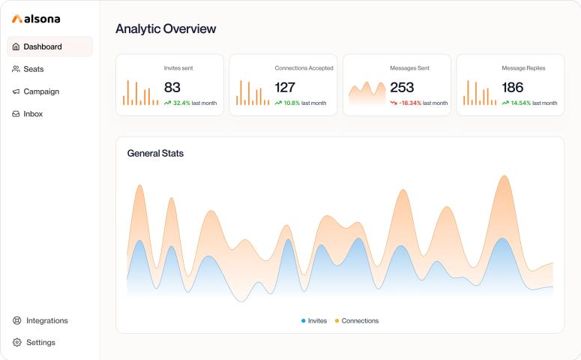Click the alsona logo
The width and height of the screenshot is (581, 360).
point(36,19)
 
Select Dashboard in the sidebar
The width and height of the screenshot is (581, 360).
point(42,46)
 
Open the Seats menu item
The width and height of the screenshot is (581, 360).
point(33,69)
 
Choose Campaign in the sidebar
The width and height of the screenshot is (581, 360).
point(40,91)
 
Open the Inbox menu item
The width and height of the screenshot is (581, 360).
point(32,114)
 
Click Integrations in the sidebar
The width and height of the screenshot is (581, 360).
point(46,320)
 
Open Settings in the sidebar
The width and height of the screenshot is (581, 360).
point(40,343)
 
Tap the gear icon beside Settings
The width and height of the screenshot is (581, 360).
point(17,343)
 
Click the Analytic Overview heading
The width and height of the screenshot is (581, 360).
point(166,29)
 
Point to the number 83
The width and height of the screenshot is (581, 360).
point(172,87)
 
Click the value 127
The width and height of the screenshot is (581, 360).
point(285,87)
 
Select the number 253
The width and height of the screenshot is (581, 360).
point(402,87)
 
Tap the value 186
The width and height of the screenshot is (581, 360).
point(513,87)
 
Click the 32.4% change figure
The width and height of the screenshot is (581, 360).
point(181,103)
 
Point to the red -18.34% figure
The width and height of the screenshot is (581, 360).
point(409,103)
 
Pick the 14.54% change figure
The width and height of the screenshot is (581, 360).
point(520,103)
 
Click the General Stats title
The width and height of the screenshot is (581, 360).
point(155,154)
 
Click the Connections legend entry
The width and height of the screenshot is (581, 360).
point(359,321)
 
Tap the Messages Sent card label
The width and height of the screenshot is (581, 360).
point(409,68)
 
